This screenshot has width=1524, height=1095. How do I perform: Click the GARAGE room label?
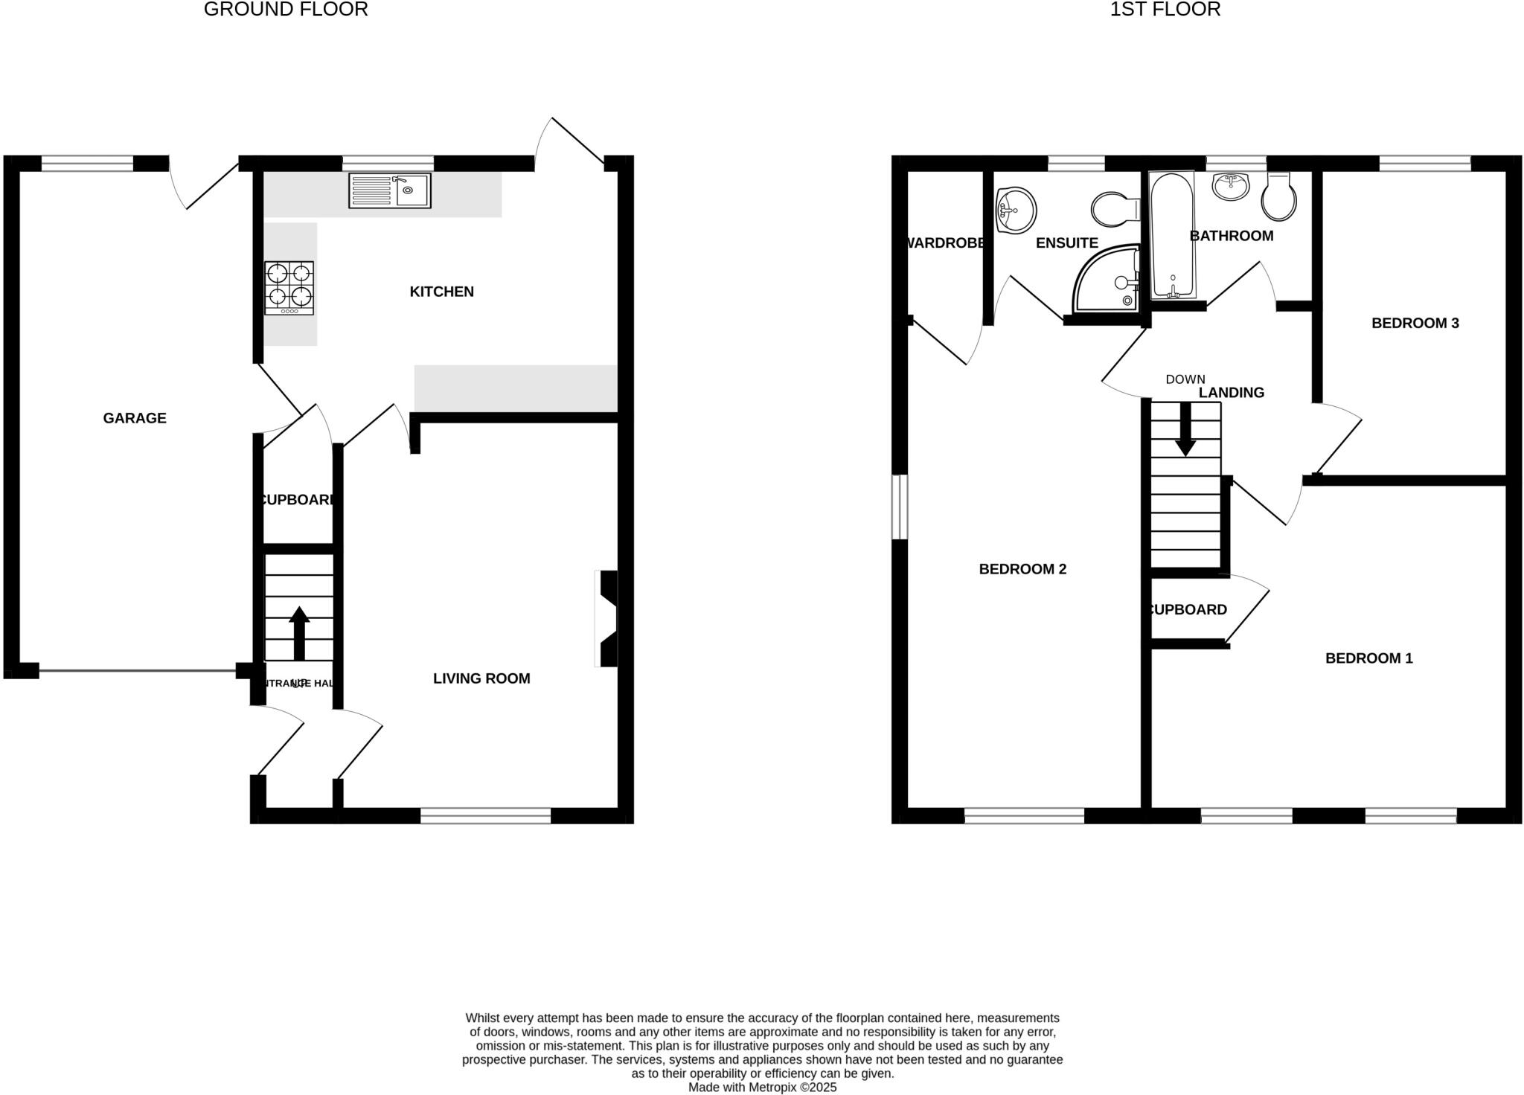coord(135,418)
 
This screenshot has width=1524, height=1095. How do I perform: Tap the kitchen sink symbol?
coord(390,190)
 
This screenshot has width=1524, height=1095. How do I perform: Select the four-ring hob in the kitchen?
coord(289,288)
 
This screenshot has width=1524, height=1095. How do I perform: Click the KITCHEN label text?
coord(441,292)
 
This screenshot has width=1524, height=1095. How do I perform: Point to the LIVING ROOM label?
coord(481,678)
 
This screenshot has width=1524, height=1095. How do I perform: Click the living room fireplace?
coord(607,618)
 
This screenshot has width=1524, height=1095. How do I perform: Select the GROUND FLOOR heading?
coord(286,10)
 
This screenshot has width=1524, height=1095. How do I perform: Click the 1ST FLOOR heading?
coord(1165,10)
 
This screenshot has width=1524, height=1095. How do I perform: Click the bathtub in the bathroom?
coord(1172,235)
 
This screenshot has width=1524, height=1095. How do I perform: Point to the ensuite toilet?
coord(1113,209)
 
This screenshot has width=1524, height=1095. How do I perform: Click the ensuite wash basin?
coord(1016,209)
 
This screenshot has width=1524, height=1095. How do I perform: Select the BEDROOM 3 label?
coord(1415,323)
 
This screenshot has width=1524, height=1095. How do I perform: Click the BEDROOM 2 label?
coord(1022,569)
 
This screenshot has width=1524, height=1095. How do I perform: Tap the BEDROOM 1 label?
coord(1368,658)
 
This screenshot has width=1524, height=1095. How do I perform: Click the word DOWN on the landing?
coord(1185,379)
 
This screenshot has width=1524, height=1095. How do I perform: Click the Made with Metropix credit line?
coord(762,1088)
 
